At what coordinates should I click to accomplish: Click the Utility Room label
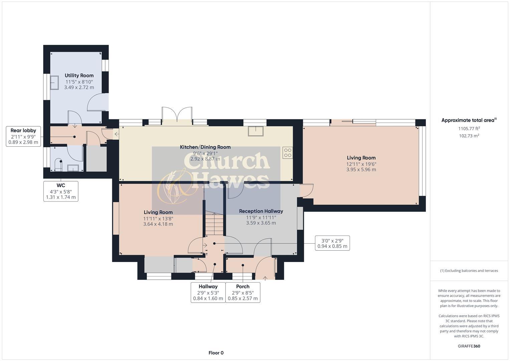(x=79, y=76)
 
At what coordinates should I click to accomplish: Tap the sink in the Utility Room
(x=54, y=82)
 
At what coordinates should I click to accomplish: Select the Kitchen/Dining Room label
(x=205, y=147)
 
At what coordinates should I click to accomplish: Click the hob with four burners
(x=288, y=153)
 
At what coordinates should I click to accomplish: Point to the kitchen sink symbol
(x=256, y=131)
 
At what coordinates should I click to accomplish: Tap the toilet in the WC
(x=59, y=164)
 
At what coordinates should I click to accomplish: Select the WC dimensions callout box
(x=61, y=191)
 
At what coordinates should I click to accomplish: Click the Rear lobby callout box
(x=23, y=136)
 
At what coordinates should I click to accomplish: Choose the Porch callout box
(x=243, y=292)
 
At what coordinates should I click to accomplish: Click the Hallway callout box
(x=208, y=292)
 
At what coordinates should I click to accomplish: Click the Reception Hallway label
(x=261, y=211)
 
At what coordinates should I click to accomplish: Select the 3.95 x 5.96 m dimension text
(x=361, y=169)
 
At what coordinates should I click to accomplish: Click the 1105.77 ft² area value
(x=469, y=128)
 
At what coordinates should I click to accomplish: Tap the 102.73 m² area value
(x=469, y=136)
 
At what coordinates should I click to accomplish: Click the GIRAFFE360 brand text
(x=469, y=346)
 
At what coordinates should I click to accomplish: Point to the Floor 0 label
(x=216, y=353)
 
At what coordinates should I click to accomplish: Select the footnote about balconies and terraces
(x=469, y=271)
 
